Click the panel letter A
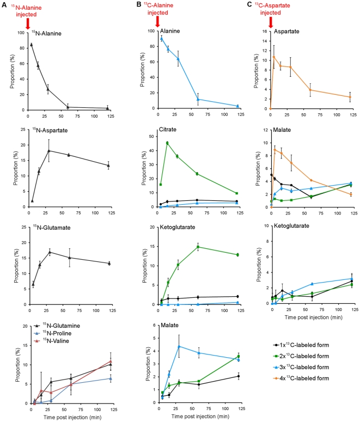(4, 4)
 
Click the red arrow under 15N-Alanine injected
(28, 22)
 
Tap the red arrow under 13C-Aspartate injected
(271, 22)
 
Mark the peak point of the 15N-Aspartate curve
(49, 150)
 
